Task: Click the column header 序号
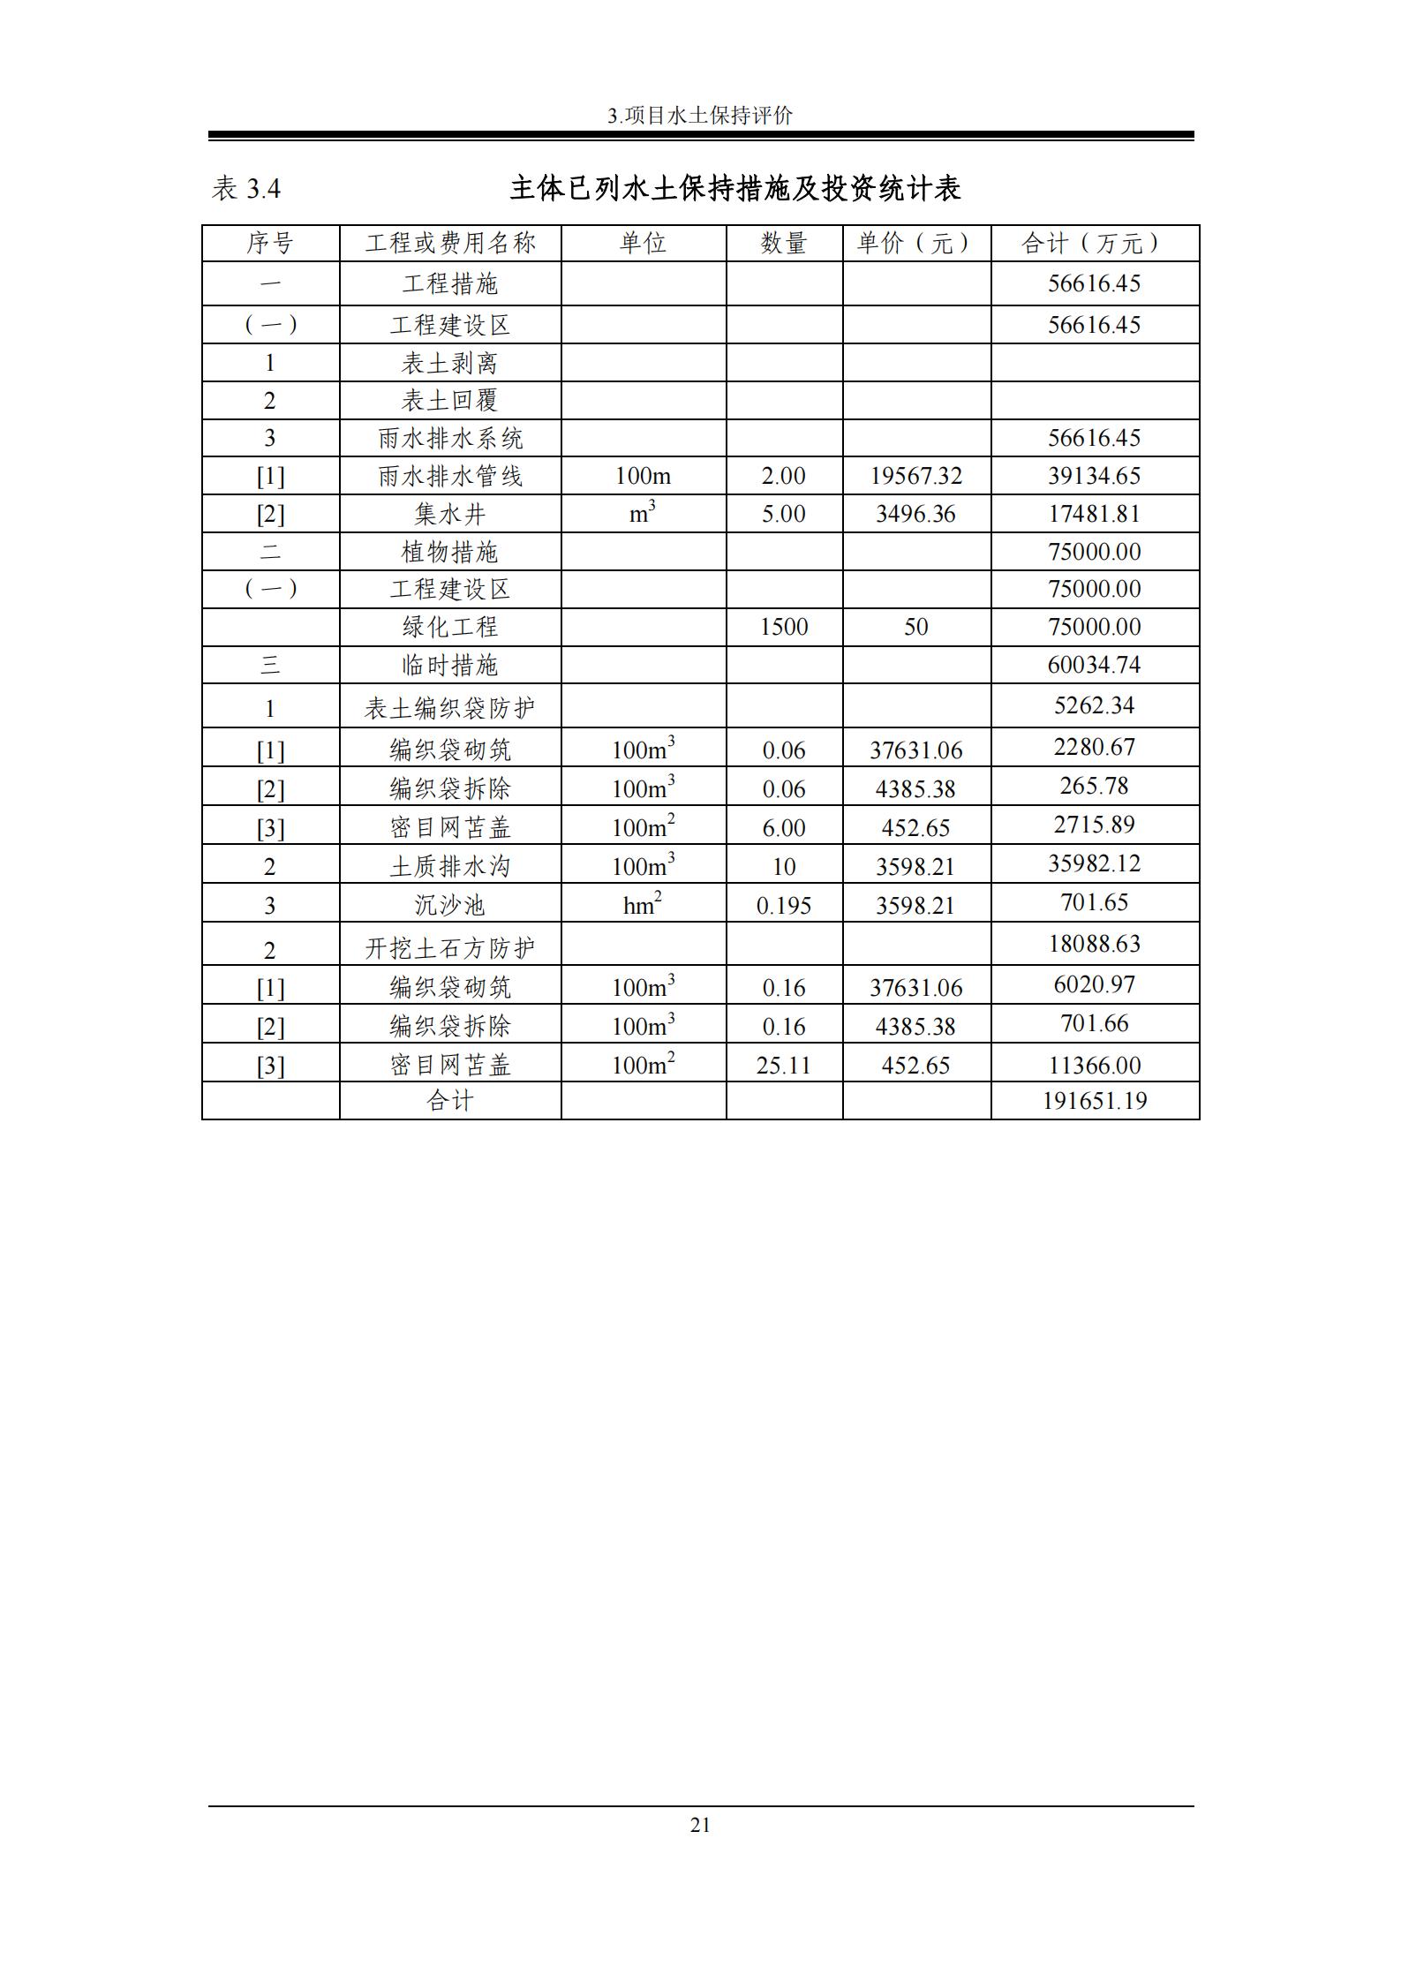click(270, 243)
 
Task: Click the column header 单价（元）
click(915, 243)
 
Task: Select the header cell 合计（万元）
click(1094, 243)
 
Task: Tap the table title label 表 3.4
click(246, 189)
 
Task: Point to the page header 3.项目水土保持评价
click(700, 116)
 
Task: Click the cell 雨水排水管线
click(450, 476)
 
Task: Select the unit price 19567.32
click(915, 476)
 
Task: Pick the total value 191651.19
click(1094, 1101)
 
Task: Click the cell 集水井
click(450, 514)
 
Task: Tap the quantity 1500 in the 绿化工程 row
click(784, 627)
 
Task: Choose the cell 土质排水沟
click(450, 867)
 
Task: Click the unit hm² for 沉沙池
click(642, 905)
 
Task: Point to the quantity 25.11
click(784, 1065)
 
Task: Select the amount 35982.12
click(1094, 863)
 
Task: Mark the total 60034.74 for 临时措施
click(1094, 664)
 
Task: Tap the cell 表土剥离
click(450, 363)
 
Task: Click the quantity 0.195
click(784, 906)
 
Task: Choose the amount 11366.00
click(1094, 1065)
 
